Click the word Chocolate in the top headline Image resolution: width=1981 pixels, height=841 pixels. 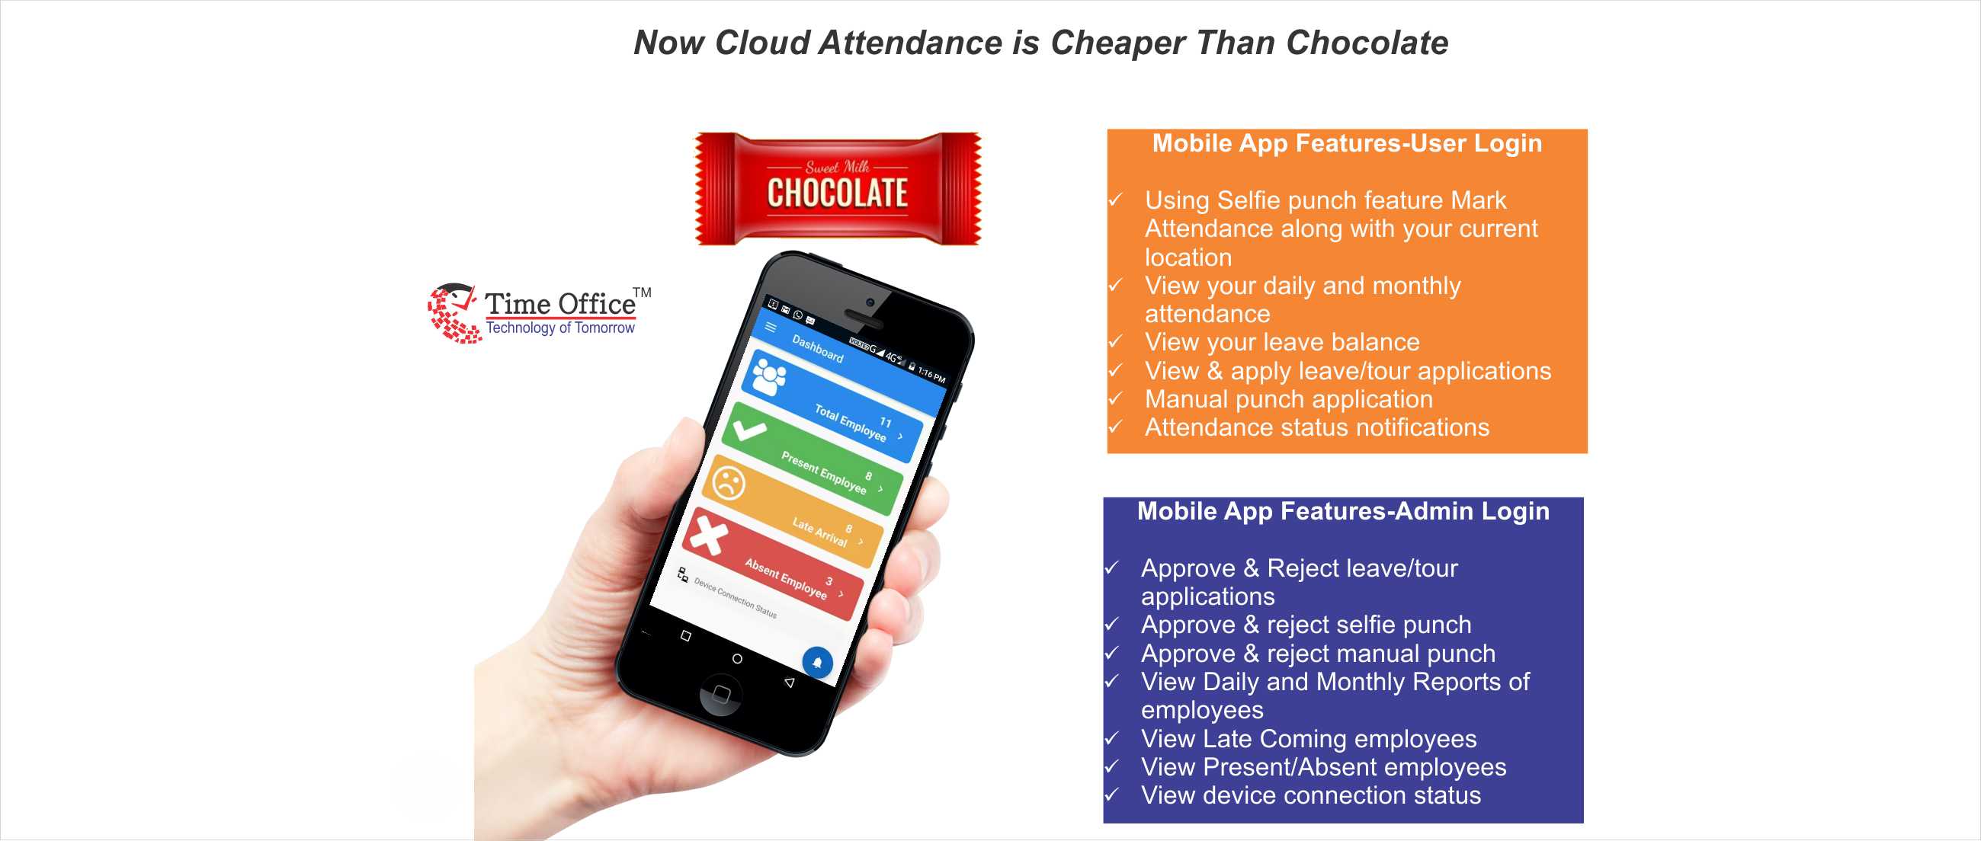1367,43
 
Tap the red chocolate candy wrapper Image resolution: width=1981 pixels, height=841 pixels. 838,189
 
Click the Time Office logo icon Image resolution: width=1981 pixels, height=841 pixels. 452,312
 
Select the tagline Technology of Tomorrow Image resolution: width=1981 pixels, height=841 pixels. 559,328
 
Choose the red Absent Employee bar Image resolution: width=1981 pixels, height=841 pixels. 773,565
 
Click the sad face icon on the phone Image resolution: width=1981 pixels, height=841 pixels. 727,483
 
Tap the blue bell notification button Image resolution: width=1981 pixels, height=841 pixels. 816,661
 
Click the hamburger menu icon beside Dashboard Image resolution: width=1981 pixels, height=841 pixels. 771,328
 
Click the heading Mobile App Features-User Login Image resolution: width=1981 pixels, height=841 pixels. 1347,144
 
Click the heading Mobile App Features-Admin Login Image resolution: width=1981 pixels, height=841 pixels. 1343,511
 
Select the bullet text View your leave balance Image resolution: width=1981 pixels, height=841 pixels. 1282,342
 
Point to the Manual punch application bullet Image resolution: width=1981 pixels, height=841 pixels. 1288,399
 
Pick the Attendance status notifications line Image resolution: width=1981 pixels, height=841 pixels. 1316,427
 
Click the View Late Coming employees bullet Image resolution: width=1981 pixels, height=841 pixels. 1308,739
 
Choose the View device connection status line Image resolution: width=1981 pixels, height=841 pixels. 1310,795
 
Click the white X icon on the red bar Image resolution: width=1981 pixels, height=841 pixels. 708,535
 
